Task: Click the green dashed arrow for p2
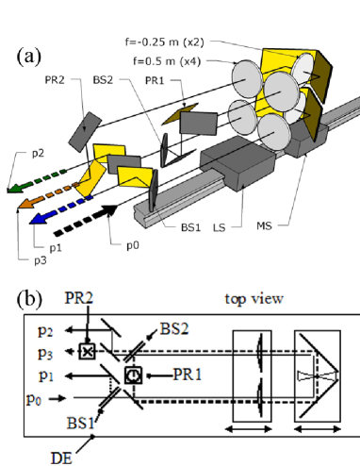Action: [36, 181]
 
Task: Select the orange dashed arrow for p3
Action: [47, 195]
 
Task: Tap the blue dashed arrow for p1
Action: [60, 210]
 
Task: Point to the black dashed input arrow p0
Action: [86, 220]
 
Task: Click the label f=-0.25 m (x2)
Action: [165, 42]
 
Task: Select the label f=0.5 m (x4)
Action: [167, 61]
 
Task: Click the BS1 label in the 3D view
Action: [190, 227]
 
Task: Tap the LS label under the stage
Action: [220, 227]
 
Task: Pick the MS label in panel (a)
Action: [264, 225]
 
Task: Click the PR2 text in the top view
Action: [79, 297]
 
